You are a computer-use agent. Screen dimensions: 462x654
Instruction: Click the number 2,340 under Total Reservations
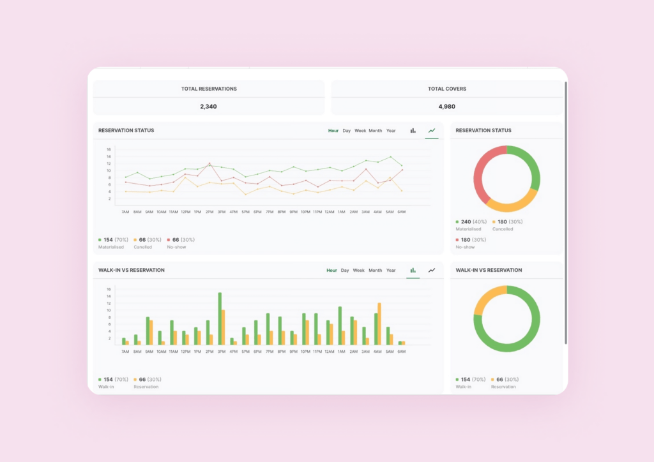(208, 107)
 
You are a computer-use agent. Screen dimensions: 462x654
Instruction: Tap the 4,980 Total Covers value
(446, 107)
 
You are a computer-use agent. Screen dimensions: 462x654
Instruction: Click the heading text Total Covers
(446, 89)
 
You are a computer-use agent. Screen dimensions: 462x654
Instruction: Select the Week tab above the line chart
(360, 131)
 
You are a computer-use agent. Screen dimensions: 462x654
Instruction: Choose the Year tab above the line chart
(391, 131)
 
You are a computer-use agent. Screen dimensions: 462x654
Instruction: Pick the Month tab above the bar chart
(375, 271)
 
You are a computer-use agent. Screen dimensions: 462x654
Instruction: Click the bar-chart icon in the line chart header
(413, 131)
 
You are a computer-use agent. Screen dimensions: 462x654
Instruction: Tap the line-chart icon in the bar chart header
(432, 271)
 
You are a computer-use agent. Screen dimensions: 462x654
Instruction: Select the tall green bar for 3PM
(220, 319)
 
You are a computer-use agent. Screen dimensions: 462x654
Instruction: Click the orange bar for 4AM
(379, 324)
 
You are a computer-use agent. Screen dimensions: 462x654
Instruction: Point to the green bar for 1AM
(340, 325)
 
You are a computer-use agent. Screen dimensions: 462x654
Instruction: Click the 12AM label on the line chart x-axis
(330, 212)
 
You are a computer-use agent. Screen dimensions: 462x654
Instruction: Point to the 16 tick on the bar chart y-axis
(109, 289)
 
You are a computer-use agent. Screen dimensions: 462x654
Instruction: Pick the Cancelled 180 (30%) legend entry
(507, 225)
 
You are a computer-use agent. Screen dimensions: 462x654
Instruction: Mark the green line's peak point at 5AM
(390, 156)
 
